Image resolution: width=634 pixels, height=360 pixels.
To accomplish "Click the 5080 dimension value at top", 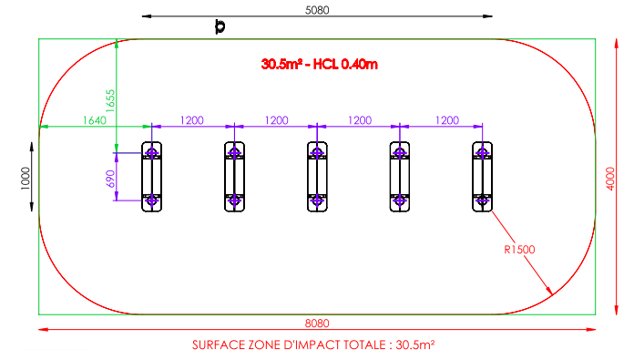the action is click(x=317, y=10).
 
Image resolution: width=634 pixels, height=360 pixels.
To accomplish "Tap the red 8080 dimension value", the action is click(x=317, y=324).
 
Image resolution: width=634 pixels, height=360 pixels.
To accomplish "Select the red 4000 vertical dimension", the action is click(x=610, y=179).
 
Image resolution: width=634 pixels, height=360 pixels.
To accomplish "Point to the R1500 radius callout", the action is click(x=519, y=250).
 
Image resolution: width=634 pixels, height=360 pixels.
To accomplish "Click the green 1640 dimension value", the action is click(x=94, y=120).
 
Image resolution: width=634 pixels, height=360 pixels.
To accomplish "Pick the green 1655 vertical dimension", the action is click(x=110, y=101).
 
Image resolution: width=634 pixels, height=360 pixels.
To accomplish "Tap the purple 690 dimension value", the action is click(x=110, y=179).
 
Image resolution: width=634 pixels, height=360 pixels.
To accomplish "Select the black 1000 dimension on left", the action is click(x=26, y=178).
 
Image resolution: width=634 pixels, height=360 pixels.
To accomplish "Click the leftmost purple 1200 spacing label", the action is click(x=191, y=120).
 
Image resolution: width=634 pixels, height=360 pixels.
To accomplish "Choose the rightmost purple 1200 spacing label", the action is click(x=446, y=120).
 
